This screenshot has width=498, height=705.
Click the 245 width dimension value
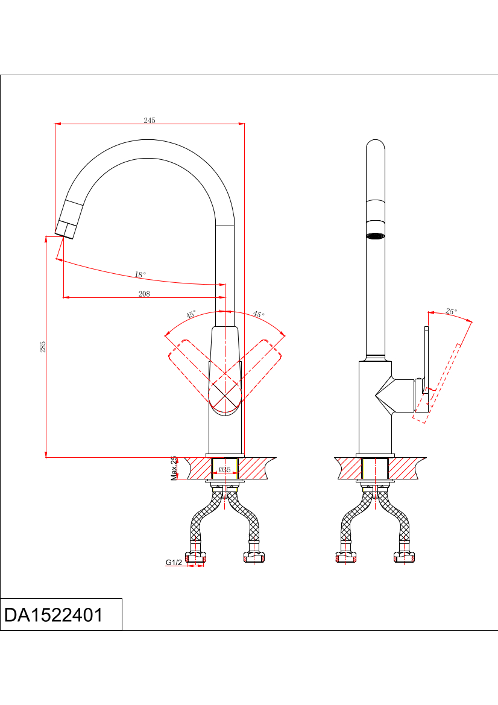coord(150,120)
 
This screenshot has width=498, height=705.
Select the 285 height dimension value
coord(43,347)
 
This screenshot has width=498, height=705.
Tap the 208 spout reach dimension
coord(144,294)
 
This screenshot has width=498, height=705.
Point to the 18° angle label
coord(140,274)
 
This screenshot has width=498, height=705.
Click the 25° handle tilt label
coord(451,311)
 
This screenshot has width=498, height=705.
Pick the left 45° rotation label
coord(191,314)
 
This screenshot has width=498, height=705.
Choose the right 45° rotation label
coord(259,314)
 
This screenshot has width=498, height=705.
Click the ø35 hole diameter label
coord(225,469)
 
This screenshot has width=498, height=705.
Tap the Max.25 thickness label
coord(174,468)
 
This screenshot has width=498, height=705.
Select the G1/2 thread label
coord(174,562)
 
